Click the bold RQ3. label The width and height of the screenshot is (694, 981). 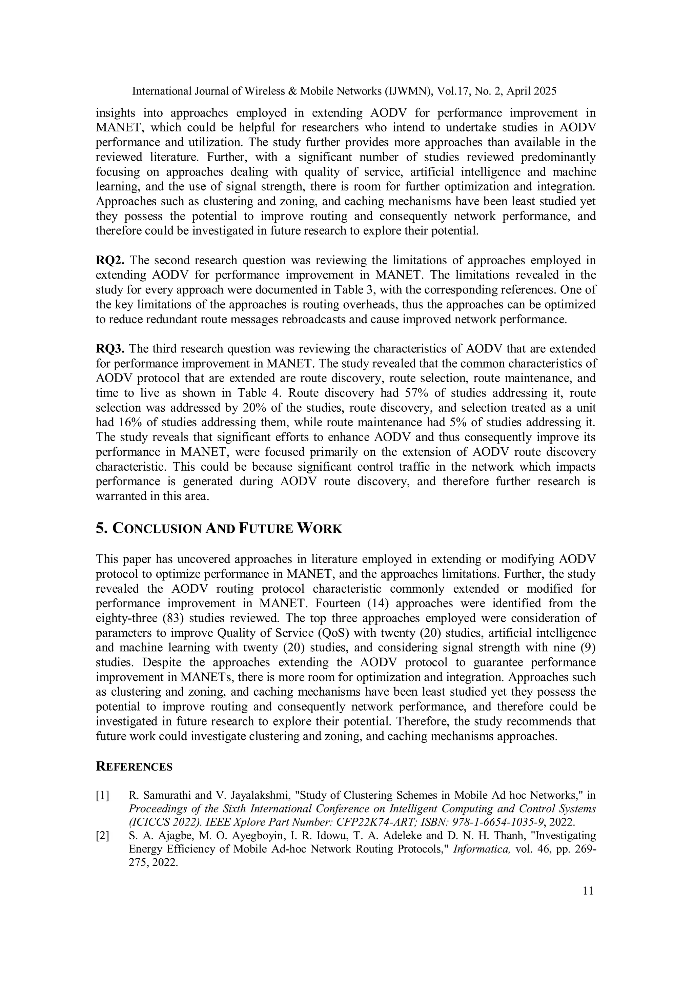point(110,349)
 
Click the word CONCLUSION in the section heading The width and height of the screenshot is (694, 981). point(157,529)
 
